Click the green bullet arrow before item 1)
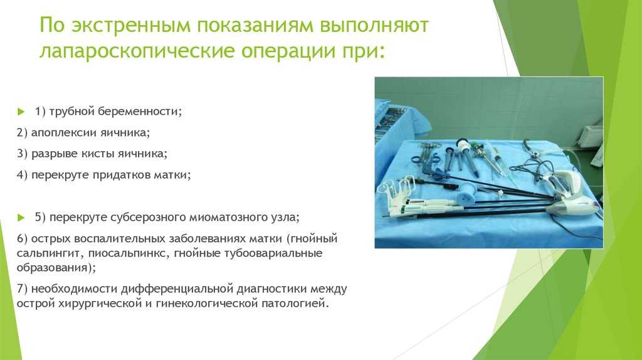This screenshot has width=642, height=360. click(x=21, y=112)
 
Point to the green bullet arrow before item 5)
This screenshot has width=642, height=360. click(x=21, y=218)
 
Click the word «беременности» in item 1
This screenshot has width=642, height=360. click(x=134, y=112)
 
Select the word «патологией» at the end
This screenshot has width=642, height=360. click(x=295, y=304)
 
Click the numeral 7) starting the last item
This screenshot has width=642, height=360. click(x=22, y=289)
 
